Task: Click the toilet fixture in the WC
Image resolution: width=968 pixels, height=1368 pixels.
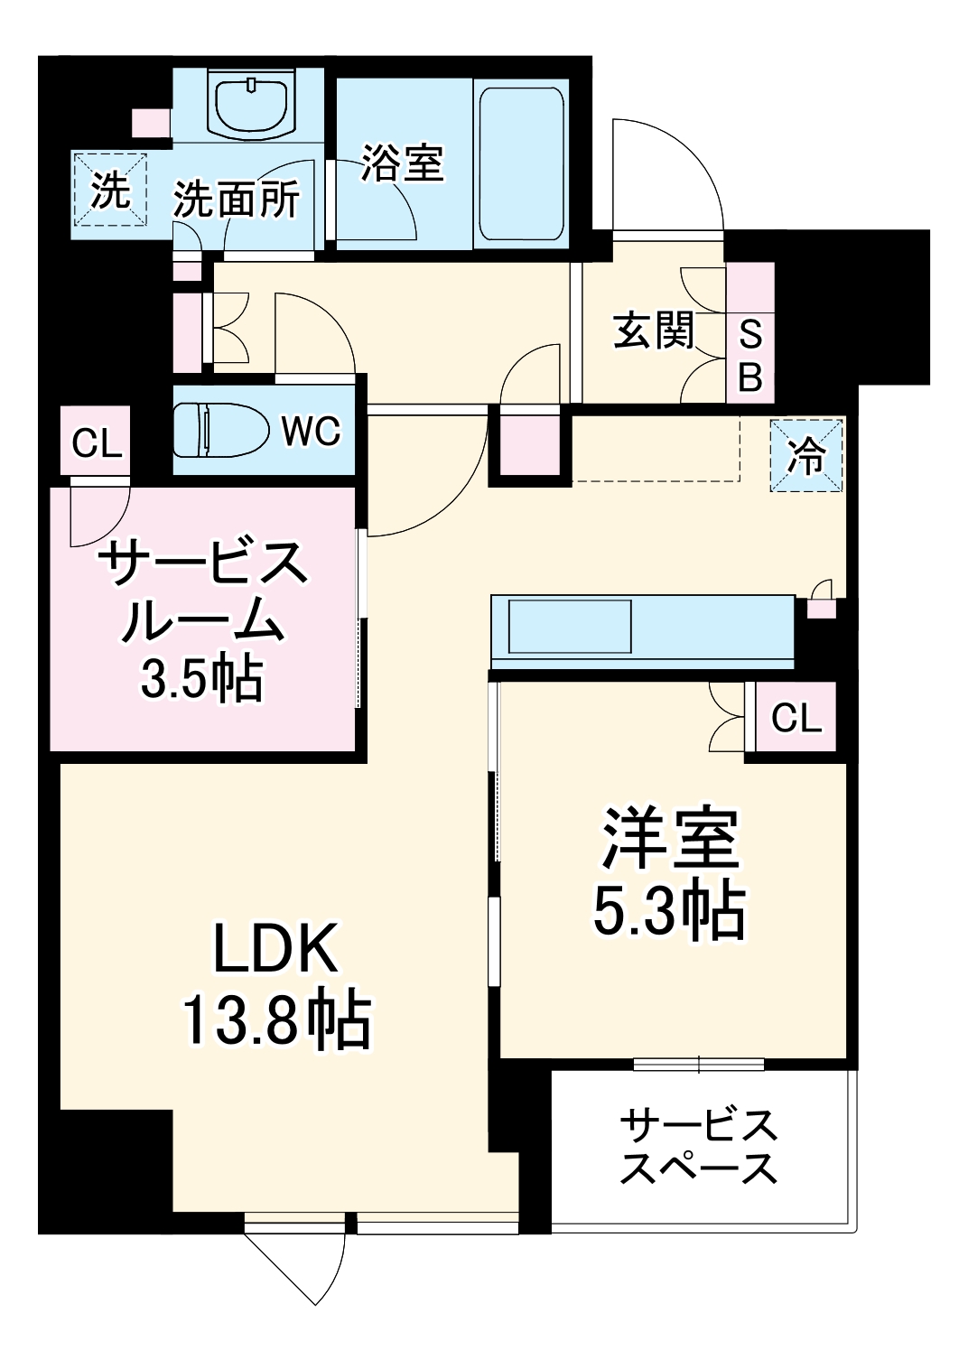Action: (221, 431)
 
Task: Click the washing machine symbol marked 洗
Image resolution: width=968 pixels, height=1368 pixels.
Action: (109, 190)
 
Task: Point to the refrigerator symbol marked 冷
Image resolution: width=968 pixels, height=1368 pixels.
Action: (805, 456)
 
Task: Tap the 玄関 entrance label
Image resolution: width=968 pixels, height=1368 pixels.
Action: (654, 330)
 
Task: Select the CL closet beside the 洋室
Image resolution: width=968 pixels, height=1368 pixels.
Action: (796, 718)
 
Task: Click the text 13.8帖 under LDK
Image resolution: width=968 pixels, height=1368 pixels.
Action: (276, 1020)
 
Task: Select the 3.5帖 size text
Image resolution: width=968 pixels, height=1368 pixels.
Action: (200, 679)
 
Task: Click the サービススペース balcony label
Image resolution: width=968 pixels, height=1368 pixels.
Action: (699, 1147)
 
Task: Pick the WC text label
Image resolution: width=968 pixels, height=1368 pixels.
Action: (311, 432)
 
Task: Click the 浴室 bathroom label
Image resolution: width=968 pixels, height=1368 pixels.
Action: (402, 163)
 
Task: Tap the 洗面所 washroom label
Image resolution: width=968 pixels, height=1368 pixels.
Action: (237, 199)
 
